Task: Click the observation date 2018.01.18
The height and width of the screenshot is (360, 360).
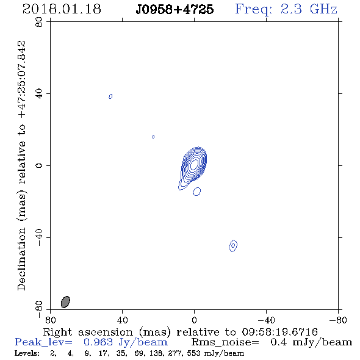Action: (62, 9)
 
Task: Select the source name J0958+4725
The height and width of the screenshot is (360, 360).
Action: (175, 9)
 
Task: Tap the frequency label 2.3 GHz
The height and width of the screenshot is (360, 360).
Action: (309, 9)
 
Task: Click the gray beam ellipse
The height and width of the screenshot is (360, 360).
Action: (65, 301)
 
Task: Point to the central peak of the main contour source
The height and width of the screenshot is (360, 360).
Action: (194, 164)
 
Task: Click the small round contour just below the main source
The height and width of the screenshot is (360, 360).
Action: (196, 191)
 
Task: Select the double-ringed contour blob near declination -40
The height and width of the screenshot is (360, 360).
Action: (233, 246)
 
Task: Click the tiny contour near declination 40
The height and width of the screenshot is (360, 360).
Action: (110, 96)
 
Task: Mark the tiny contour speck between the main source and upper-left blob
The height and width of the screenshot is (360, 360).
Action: (153, 137)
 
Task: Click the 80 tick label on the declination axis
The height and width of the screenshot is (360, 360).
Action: (39, 22)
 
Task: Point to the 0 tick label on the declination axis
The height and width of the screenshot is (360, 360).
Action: (39, 165)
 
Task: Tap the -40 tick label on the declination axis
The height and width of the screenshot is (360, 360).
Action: (39, 237)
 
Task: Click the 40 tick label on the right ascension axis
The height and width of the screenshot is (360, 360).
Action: (122, 320)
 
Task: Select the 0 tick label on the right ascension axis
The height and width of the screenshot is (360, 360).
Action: (194, 320)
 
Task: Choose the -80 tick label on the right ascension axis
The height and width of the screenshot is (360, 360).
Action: (338, 320)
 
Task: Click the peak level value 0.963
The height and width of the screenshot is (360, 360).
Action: (98, 342)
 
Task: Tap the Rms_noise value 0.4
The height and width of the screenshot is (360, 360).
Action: (279, 342)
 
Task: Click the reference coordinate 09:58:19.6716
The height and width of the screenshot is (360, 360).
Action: (279, 332)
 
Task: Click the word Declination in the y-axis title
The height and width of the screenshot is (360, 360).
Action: (21, 259)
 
